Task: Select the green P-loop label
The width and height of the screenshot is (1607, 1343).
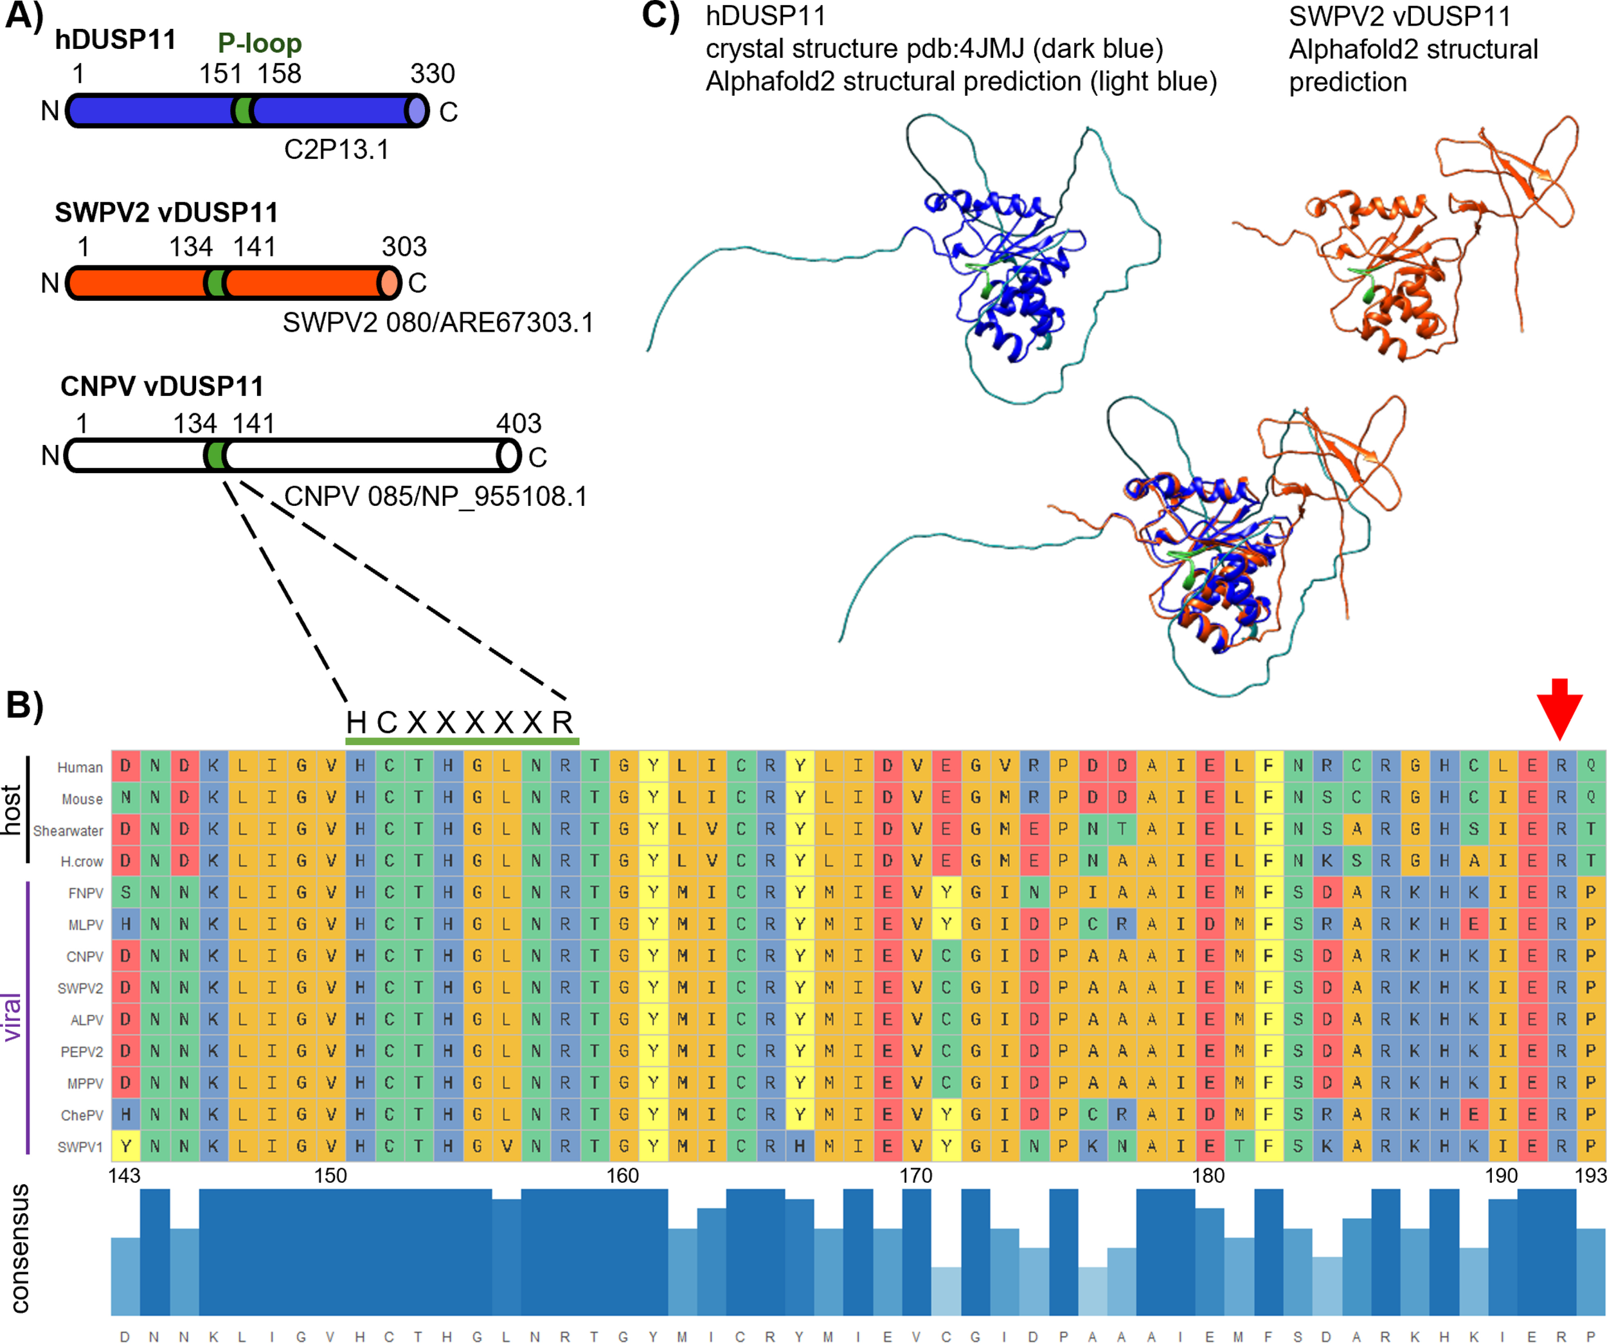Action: click(x=260, y=43)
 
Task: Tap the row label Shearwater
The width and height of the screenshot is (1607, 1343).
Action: click(x=68, y=830)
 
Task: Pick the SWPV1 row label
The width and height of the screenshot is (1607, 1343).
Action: click(x=80, y=1147)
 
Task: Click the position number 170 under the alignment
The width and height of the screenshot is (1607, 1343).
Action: click(x=915, y=1175)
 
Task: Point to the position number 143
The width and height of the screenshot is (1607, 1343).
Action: click(x=125, y=1175)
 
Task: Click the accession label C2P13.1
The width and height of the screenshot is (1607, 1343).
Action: click(x=336, y=149)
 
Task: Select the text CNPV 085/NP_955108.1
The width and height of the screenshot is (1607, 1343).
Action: click(x=435, y=497)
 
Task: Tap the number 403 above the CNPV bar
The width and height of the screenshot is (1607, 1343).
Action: click(x=518, y=423)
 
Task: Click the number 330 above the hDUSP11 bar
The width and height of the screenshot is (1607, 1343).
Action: click(x=433, y=73)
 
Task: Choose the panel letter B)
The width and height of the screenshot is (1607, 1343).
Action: click(x=24, y=705)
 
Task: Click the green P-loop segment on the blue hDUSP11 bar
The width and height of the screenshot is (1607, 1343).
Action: click(x=244, y=112)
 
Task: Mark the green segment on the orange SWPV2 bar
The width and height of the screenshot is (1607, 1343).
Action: click(x=217, y=283)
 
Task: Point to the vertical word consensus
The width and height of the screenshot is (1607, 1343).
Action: click(x=20, y=1250)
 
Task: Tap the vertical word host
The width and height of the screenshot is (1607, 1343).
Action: click(x=11, y=809)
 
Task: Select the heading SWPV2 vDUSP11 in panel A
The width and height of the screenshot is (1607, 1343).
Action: click(x=166, y=212)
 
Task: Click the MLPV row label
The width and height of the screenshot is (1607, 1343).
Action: click(x=85, y=925)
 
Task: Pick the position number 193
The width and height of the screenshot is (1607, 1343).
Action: click(x=1590, y=1175)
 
